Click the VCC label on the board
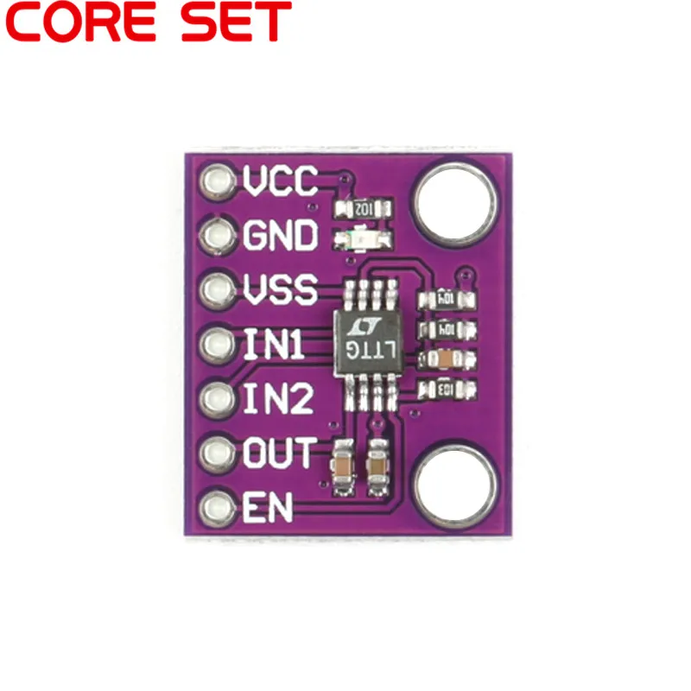[281, 181]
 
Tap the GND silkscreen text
[281, 236]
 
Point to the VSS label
[281, 290]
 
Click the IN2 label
[276, 400]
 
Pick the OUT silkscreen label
[279, 453]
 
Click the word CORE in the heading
[86, 23]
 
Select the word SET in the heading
[236, 23]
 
